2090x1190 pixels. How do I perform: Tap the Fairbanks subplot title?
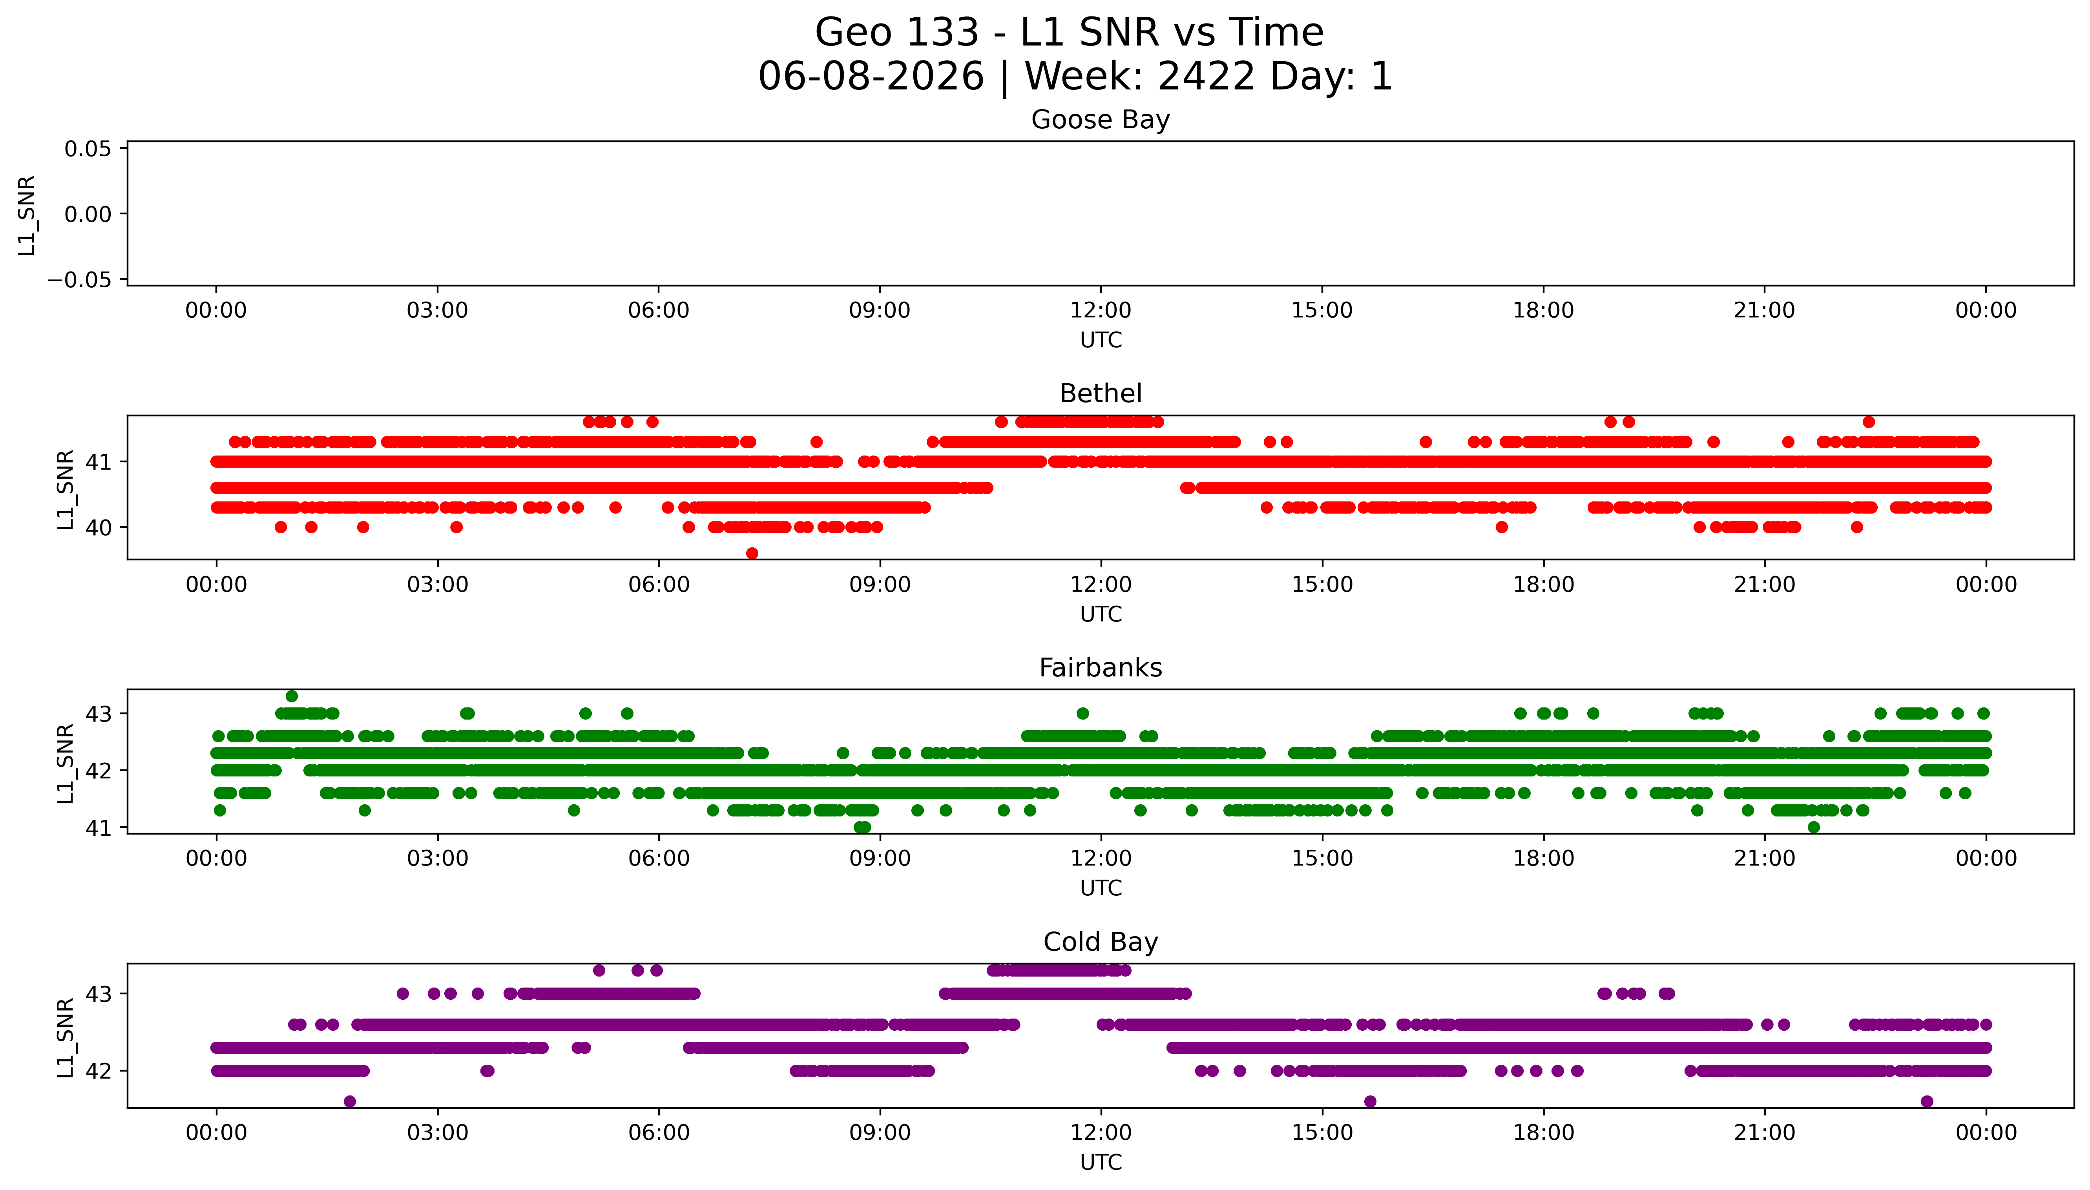tap(1100, 668)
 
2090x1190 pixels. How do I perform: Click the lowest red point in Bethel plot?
tap(752, 553)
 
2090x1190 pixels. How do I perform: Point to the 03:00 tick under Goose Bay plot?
tap(437, 311)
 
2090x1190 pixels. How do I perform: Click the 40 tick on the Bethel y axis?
tap(99, 528)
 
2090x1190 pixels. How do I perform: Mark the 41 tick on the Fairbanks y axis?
tap(99, 828)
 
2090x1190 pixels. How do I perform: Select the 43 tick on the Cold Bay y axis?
tap(99, 994)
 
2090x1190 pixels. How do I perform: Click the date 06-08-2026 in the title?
tap(871, 76)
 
